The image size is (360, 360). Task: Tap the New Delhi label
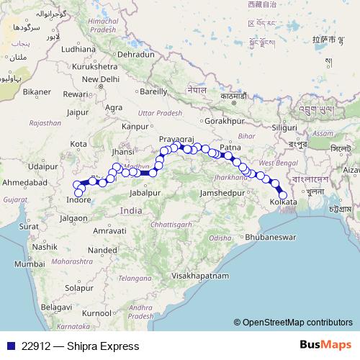[100, 79]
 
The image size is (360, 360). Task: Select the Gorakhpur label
[220, 121]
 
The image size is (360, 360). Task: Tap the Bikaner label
[36, 91]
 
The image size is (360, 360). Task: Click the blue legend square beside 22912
[8, 346]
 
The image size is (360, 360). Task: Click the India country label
[131, 211]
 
